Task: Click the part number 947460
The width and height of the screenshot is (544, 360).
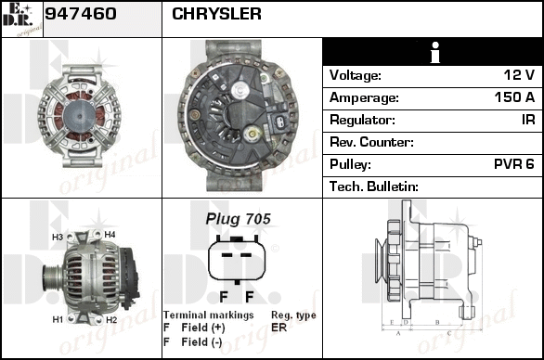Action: (x=81, y=14)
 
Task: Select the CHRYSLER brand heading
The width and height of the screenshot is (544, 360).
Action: (x=216, y=14)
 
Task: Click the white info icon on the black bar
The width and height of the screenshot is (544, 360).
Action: (x=435, y=52)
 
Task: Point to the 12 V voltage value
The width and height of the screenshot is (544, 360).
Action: (x=519, y=74)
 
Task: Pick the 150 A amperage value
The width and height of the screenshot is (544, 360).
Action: (x=514, y=97)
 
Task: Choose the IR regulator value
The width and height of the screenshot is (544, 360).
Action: (x=528, y=120)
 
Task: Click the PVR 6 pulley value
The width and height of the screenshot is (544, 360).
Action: (x=514, y=163)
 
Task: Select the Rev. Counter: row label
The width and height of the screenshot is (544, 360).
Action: (x=371, y=142)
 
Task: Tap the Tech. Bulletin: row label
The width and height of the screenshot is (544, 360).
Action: (x=374, y=186)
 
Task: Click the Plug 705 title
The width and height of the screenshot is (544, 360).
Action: (x=238, y=219)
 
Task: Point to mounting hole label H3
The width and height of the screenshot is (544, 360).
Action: (x=58, y=237)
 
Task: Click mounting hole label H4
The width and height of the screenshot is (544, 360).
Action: (x=110, y=235)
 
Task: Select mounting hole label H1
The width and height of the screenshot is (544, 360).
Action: (x=58, y=319)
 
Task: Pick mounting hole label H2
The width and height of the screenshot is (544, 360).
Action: (x=111, y=320)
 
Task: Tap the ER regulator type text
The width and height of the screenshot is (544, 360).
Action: (x=278, y=328)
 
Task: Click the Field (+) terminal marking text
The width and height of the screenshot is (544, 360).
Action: (x=203, y=328)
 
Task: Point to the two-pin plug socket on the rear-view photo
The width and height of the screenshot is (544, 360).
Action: (x=280, y=122)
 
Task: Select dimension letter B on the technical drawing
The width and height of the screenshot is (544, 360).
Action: (x=437, y=322)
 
